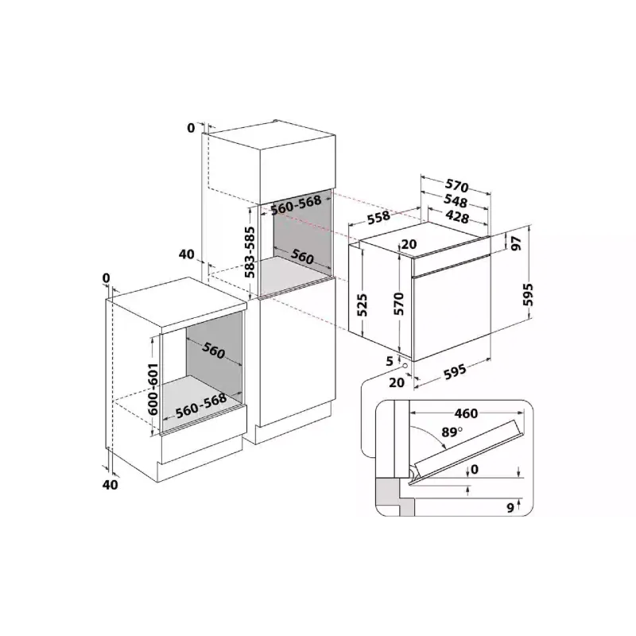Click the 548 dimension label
456,202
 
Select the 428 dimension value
456,216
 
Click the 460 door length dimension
467,413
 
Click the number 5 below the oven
390,360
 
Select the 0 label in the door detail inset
475,470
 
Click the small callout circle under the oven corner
407,366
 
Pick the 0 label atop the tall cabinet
191,127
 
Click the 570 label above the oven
456,186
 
